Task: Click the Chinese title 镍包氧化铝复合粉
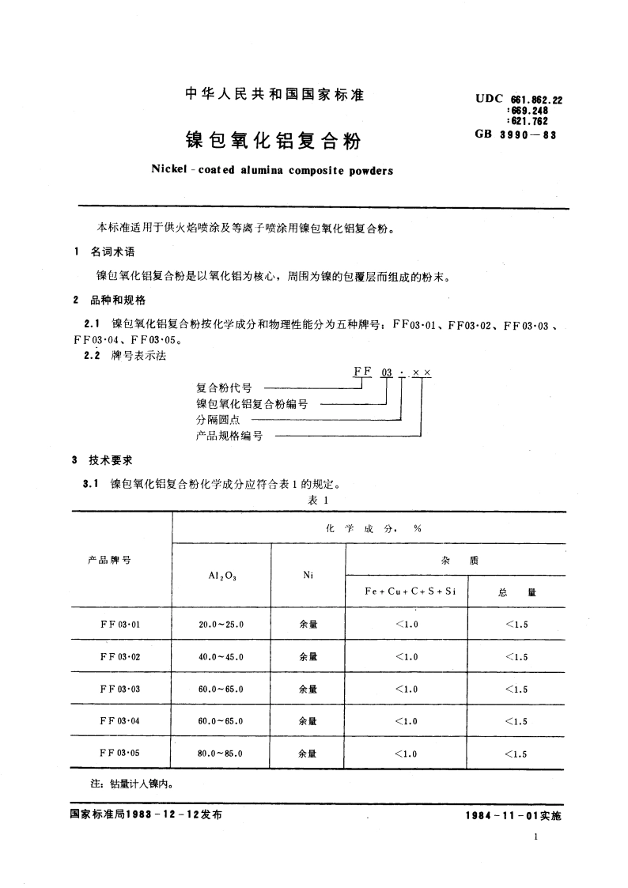274,141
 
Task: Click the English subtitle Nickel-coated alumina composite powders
271,170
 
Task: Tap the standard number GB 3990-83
516,135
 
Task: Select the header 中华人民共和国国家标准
274,95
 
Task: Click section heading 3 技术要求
103,460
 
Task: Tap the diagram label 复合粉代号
224,388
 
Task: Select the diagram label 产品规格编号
229,436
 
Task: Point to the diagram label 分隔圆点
218,420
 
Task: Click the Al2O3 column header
221,576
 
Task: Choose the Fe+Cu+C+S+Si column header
405,591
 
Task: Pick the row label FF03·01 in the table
120,624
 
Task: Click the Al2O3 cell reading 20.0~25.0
221,624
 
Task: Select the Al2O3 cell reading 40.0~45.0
221,656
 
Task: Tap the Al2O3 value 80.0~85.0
221,754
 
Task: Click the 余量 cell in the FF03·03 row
308,689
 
